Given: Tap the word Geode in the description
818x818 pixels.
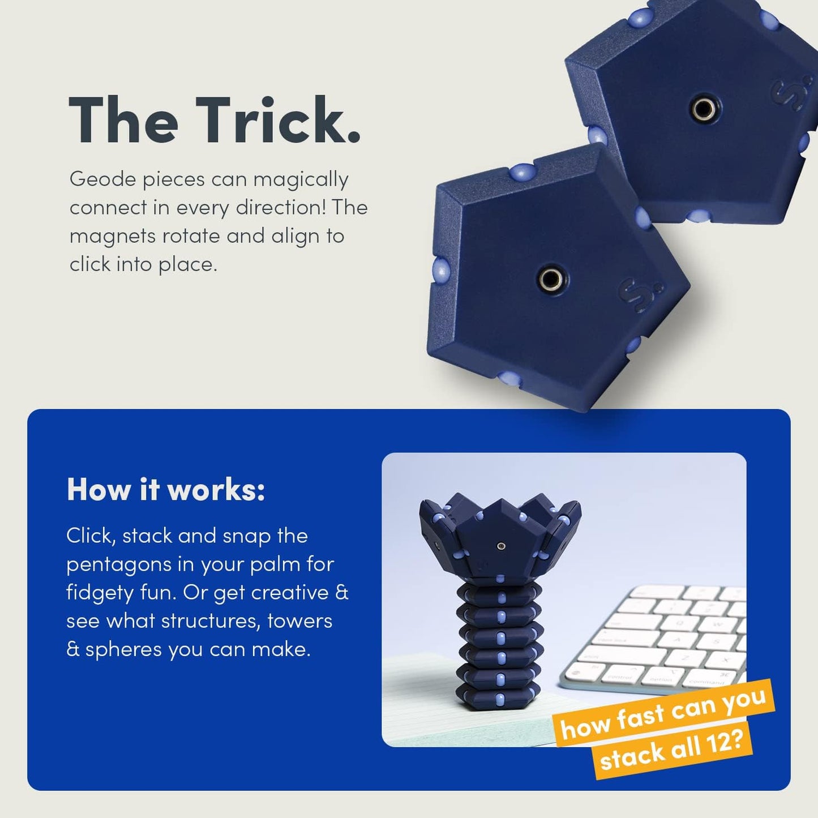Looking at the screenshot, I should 102,179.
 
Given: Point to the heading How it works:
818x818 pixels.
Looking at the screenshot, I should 165,489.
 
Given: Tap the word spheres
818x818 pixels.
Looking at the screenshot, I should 123,649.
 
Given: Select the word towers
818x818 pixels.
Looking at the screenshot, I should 299,621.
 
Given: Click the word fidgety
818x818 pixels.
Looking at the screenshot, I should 100,593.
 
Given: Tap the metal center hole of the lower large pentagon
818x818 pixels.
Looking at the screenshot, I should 548,278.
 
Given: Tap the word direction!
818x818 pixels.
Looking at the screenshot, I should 281,208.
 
